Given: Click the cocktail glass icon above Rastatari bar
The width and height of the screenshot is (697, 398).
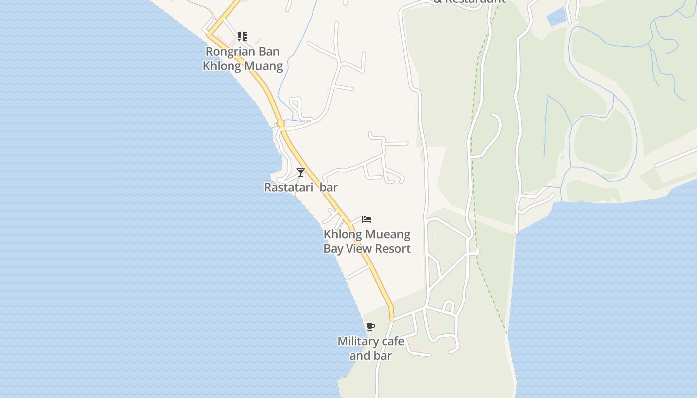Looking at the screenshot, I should click(300, 173).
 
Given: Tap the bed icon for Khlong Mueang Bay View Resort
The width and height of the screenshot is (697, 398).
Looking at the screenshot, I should click(367, 219).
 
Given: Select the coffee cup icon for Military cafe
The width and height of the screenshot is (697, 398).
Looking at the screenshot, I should click(370, 327).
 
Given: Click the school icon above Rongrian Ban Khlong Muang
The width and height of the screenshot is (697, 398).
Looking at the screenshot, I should click(242, 37).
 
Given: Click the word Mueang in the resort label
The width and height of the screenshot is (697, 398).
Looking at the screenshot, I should click(387, 234).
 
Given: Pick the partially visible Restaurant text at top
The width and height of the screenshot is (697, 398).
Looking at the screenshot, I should click(469, 1).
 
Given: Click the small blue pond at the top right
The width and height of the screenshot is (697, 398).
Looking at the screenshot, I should click(556, 17).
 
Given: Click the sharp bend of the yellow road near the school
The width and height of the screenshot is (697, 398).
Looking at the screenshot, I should click(209, 34).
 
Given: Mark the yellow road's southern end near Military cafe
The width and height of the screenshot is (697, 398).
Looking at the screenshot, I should click(392, 318).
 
